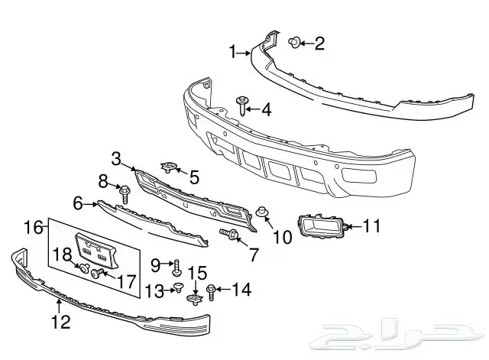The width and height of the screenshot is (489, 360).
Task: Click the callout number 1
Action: point(233,52)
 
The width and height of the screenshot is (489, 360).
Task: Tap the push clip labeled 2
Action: point(294,42)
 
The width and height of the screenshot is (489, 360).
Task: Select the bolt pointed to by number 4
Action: point(241,105)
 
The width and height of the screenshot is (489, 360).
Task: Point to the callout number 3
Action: point(116,159)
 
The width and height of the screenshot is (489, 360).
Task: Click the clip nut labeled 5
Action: point(169,167)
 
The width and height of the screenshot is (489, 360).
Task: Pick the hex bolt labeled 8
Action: point(125,194)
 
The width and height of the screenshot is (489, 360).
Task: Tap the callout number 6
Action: point(78,203)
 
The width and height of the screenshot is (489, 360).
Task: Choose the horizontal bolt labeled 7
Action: point(229,233)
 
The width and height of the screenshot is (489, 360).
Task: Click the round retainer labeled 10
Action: point(261,212)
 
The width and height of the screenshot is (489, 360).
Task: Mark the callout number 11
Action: point(372,225)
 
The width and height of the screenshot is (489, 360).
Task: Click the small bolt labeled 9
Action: point(176,268)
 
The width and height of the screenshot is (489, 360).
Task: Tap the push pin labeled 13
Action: point(179,287)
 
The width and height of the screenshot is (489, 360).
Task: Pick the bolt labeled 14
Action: point(211,292)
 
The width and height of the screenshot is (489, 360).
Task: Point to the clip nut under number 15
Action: point(195,300)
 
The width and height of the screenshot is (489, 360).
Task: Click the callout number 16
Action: point(33,227)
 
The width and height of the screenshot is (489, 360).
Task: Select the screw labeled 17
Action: point(97,274)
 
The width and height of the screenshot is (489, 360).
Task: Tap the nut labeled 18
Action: point(84,268)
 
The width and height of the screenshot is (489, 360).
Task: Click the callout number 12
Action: point(61,322)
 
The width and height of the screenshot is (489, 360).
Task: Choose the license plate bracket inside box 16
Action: point(97,250)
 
